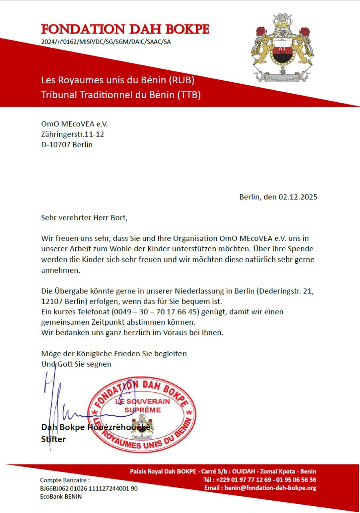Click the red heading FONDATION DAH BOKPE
125,29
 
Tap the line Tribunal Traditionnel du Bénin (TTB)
121,95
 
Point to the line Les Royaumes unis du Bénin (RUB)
118,80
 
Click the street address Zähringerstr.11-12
72,134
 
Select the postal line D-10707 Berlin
67,144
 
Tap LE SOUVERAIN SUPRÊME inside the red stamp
142,406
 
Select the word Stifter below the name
53,439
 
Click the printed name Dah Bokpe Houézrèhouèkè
96,427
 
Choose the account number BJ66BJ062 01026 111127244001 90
89,489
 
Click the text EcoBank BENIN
61,497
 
